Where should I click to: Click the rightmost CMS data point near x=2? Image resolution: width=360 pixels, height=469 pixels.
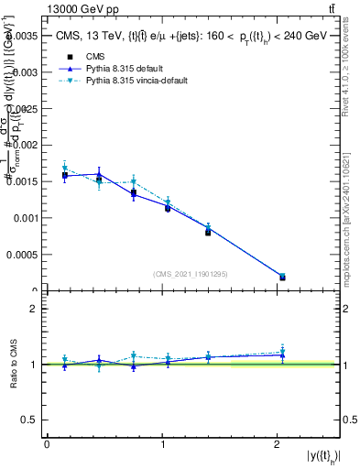pyautogui.click(x=281, y=277)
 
